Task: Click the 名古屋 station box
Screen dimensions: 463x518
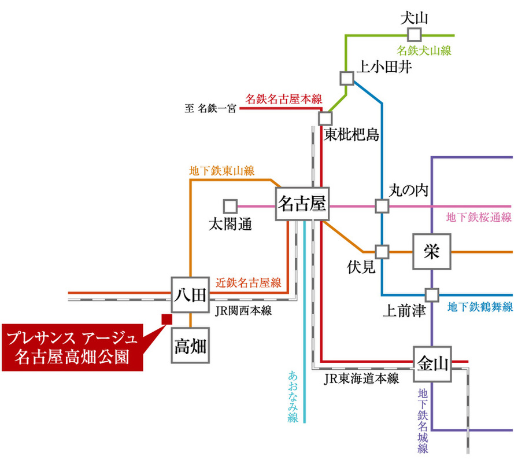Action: click(301, 204)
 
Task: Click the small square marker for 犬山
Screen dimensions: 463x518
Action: click(413, 34)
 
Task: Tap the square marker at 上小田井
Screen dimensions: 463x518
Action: click(346, 78)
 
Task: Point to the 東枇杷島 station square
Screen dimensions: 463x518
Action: click(325, 117)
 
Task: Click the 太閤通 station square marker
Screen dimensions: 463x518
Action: click(230, 205)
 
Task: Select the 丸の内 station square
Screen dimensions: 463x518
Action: click(382, 205)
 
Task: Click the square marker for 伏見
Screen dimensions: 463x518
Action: click(382, 252)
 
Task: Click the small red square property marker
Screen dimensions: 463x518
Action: click(166, 319)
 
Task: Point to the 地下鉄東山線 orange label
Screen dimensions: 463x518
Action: click(222, 171)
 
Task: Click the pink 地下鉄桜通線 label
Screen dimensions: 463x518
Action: click(479, 218)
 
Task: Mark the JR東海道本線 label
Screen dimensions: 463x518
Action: click(361, 379)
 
